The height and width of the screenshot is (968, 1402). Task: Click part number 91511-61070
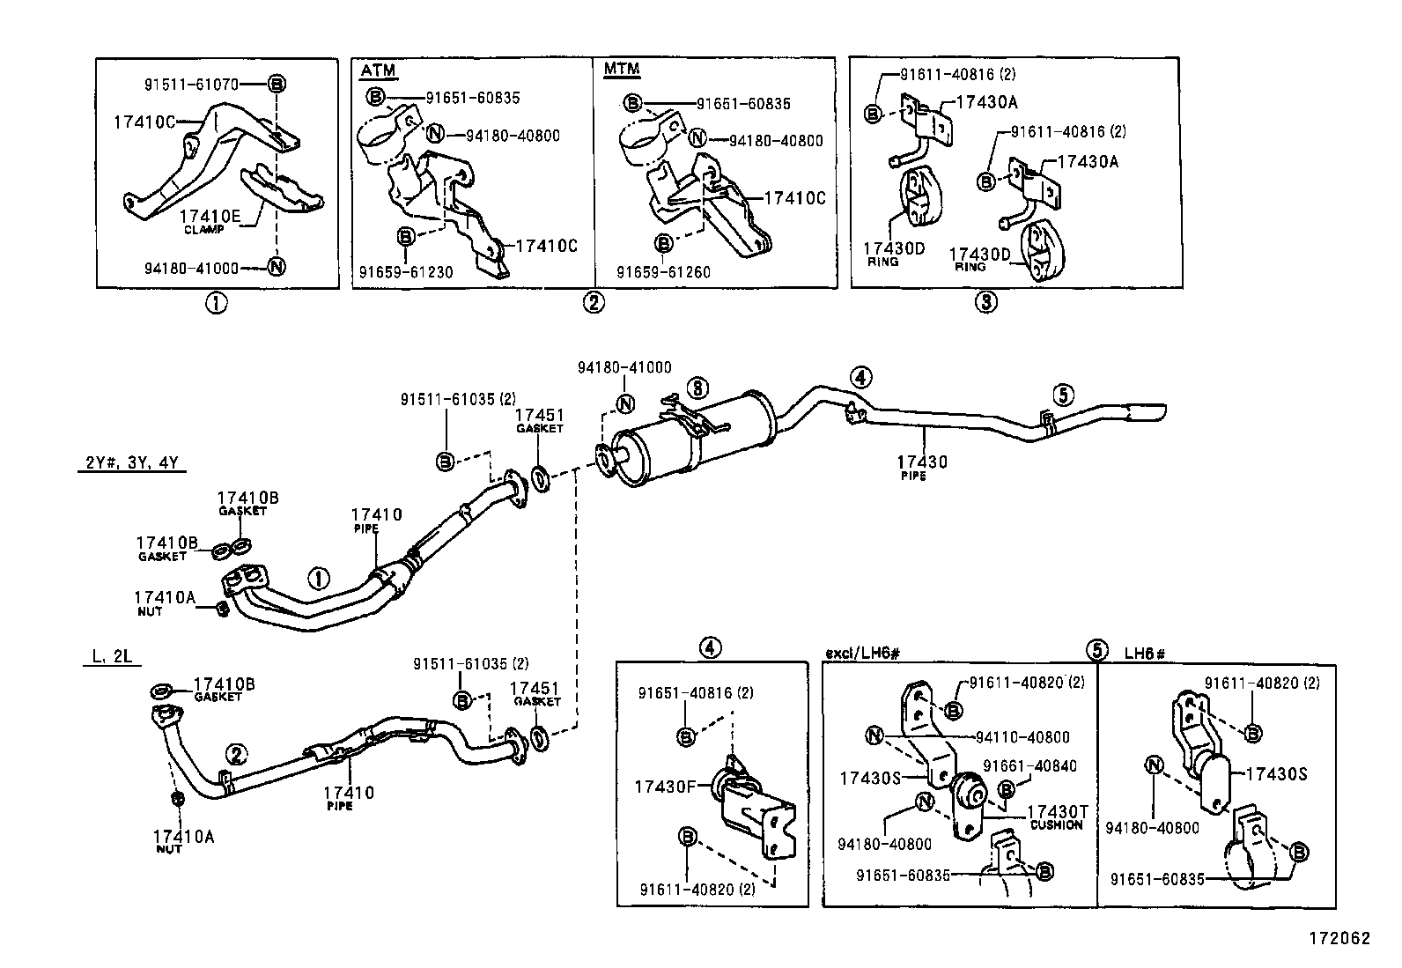191,85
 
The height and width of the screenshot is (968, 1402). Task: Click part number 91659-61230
405,272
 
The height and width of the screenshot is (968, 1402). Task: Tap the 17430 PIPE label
922,464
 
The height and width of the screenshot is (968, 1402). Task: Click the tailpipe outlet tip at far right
1145,413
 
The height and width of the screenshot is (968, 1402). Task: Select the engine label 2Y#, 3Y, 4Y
130,463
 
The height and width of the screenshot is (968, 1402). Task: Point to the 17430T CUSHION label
1057,815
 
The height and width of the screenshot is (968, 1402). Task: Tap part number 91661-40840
1029,766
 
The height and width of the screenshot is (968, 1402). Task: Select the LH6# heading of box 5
1145,654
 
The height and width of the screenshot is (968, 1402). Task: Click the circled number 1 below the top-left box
216,303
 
